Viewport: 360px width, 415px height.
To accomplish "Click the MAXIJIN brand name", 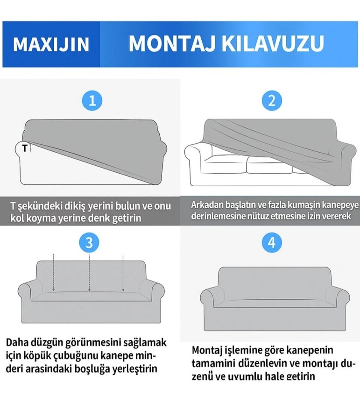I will coord(51,44).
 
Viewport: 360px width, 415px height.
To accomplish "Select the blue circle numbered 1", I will coord(92,100).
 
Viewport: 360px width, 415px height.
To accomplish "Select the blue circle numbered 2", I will coord(272,100).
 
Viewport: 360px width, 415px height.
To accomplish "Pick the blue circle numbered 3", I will coord(90,242).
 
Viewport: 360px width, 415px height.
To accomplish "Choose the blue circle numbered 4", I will coord(272,242).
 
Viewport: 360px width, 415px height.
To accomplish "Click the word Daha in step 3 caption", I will coord(17,343).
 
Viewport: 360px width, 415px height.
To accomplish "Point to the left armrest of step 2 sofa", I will coord(195,159).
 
